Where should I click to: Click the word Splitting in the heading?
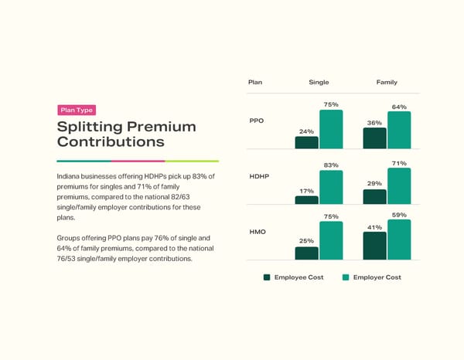click(x=90, y=127)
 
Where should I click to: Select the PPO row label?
click(x=258, y=121)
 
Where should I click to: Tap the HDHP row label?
click(x=260, y=177)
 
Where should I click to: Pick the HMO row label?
click(x=258, y=232)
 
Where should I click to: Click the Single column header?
click(x=319, y=82)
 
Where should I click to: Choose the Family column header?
click(x=387, y=82)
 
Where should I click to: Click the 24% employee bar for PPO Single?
click(x=306, y=142)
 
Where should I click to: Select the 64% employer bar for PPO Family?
click(x=399, y=130)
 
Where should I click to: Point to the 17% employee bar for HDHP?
click(x=306, y=200)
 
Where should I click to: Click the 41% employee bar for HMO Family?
click(x=374, y=246)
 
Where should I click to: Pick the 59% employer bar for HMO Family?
click(x=399, y=239)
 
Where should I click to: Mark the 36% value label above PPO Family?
click(x=374, y=123)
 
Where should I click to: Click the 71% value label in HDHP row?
click(x=399, y=164)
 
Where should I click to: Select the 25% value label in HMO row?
click(x=306, y=242)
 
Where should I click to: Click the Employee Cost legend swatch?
click(x=267, y=277)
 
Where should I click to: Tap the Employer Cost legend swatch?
click(x=345, y=277)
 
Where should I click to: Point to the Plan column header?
click(x=255, y=82)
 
